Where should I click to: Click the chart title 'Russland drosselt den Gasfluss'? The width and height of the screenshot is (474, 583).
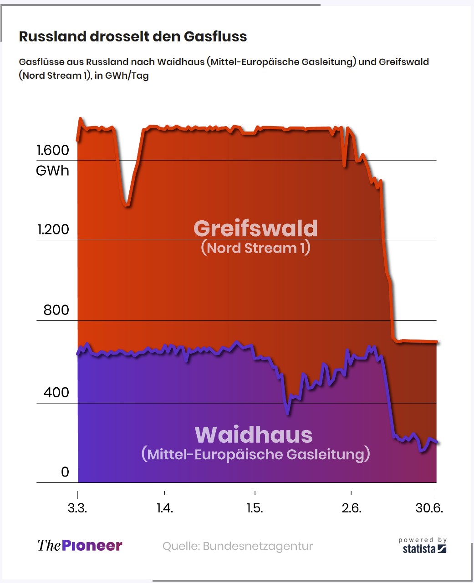click(x=133, y=36)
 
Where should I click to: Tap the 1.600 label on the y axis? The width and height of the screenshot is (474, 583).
click(x=53, y=150)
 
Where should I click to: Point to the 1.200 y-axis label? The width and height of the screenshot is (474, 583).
click(x=53, y=229)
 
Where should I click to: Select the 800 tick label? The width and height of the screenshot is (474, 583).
click(x=56, y=310)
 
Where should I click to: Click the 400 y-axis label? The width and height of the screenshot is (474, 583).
click(x=56, y=392)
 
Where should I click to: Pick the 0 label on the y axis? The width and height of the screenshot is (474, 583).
click(x=65, y=472)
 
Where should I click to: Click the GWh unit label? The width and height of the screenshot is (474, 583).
click(x=52, y=171)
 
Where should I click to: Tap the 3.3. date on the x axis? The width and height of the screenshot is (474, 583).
click(x=77, y=508)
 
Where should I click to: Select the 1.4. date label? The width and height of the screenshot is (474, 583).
click(x=164, y=508)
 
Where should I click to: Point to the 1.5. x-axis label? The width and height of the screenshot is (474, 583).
click(x=255, y=508)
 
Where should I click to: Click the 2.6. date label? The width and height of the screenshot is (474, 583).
click(x=351, y=508)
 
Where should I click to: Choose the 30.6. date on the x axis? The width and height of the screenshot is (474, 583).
click(x=429, y=508)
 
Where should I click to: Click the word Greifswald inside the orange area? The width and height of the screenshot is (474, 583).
click(x=255, y=228)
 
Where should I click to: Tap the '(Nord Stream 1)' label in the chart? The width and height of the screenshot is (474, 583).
click(x=255, y=248)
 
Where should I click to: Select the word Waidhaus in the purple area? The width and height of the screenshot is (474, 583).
click(x=254, y=435)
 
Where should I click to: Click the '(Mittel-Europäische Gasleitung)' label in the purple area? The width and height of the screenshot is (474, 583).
click(x=255, y=454)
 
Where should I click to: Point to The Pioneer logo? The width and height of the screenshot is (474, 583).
click(x=80, y=546)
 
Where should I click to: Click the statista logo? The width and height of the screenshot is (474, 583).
click(x=423, y=547)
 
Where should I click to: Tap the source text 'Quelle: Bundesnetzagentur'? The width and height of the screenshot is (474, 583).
click(x=238, y=546)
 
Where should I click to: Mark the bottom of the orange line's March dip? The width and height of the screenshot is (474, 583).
click(x=127, y=204)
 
